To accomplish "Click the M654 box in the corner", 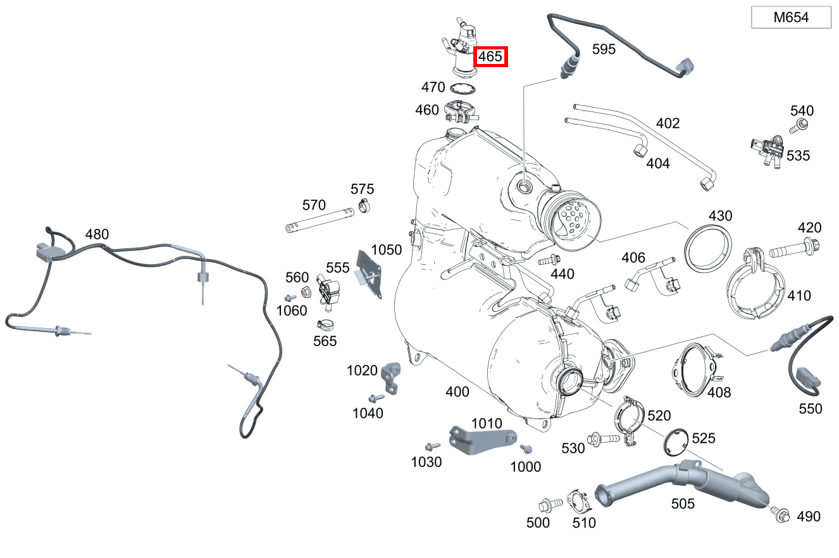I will click(x=791, y=18).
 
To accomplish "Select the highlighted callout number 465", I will click(x=490, y=56).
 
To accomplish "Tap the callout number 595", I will click(x=604, y=49).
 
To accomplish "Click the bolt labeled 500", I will click(x=547, y=505).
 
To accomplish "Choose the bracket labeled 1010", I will click(x=481, y=439).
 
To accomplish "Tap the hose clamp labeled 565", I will click(x=326, y=326).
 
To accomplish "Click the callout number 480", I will click(x=97, y=234).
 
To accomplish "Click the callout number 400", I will click(x=457, y=392).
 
